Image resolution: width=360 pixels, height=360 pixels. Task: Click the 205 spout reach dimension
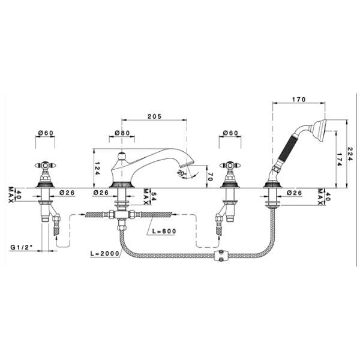pos(154,116)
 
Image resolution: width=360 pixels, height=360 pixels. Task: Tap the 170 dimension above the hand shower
pos(299,100)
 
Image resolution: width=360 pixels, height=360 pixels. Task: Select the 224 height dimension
pos(350,154)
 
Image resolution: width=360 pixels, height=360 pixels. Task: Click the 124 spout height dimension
pos(97,169)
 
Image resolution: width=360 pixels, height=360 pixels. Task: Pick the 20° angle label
pos(181,173)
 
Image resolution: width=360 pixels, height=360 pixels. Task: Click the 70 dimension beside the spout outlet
pos(211,176)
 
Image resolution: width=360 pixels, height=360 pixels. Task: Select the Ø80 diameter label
pos(122,133)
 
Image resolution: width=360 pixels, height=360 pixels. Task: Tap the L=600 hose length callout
pos(164,231)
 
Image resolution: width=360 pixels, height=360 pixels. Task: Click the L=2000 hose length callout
pos(104,253)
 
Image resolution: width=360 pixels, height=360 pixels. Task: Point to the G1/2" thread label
pos(22,247)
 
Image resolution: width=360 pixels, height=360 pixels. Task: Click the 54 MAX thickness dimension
pos(149,197)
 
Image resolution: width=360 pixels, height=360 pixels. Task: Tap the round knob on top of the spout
pos(121,156)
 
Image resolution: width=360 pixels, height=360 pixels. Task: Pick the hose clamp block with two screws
pos(221,256)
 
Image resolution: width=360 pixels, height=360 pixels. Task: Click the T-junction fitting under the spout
pos(121,215)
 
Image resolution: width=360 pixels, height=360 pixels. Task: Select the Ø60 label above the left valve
pos(46,133)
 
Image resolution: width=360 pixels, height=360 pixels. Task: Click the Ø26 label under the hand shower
pos(294,193)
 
